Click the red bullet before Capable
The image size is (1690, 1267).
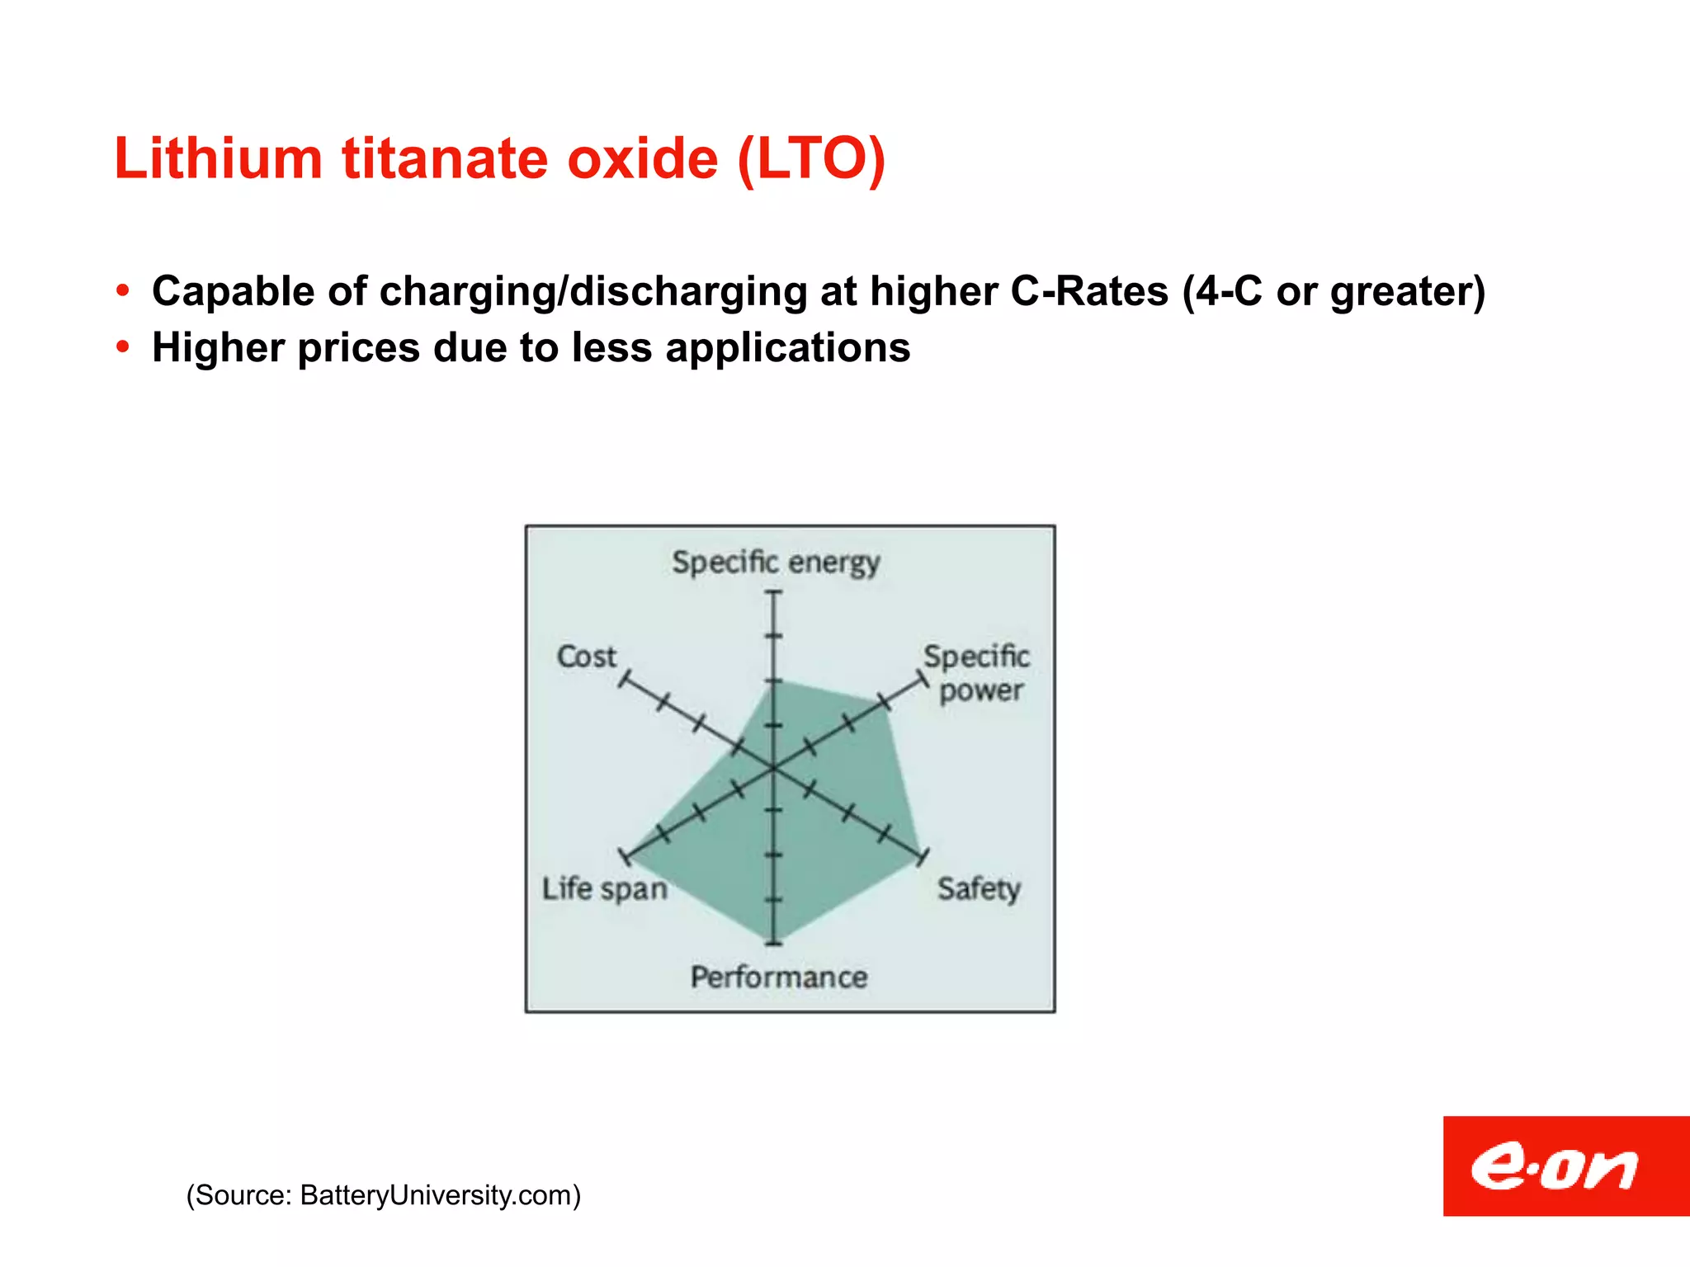pos(124,290)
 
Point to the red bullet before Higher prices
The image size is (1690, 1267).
pos(124,347)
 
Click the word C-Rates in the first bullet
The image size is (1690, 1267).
pos(1089,291)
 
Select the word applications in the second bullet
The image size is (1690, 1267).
pos(788,347)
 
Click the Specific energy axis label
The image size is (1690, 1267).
pos(776,563)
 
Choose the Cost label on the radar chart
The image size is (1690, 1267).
pos(586,657)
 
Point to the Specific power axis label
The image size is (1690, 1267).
pos(978,673)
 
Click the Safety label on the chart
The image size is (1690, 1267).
pos(979,888)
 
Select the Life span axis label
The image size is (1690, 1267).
pos(604,888)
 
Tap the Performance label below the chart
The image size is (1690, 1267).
pos(779,977)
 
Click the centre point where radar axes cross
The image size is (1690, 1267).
pos(773,769)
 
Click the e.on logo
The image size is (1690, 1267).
pos(1565,1166)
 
